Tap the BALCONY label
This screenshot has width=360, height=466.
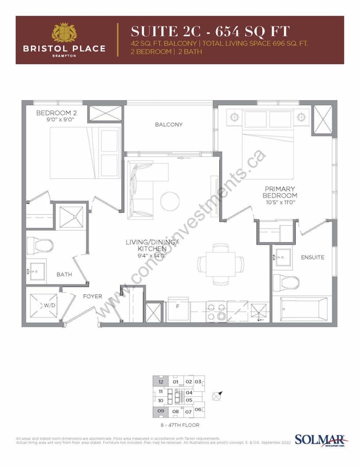point(168,125)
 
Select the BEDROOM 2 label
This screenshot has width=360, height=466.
point(56,113)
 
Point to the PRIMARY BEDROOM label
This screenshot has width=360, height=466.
point(280,192)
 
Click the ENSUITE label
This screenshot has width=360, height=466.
point(312,258)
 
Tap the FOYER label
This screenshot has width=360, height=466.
point(92,297)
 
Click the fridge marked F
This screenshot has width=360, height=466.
point(178,306)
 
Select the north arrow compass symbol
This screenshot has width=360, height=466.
point(218,395)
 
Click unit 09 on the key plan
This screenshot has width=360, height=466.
point(160,411)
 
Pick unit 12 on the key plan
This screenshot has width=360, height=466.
point(160,382)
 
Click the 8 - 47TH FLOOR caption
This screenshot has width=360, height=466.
point(180,425)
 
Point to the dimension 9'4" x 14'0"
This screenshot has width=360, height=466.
point(145,256)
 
